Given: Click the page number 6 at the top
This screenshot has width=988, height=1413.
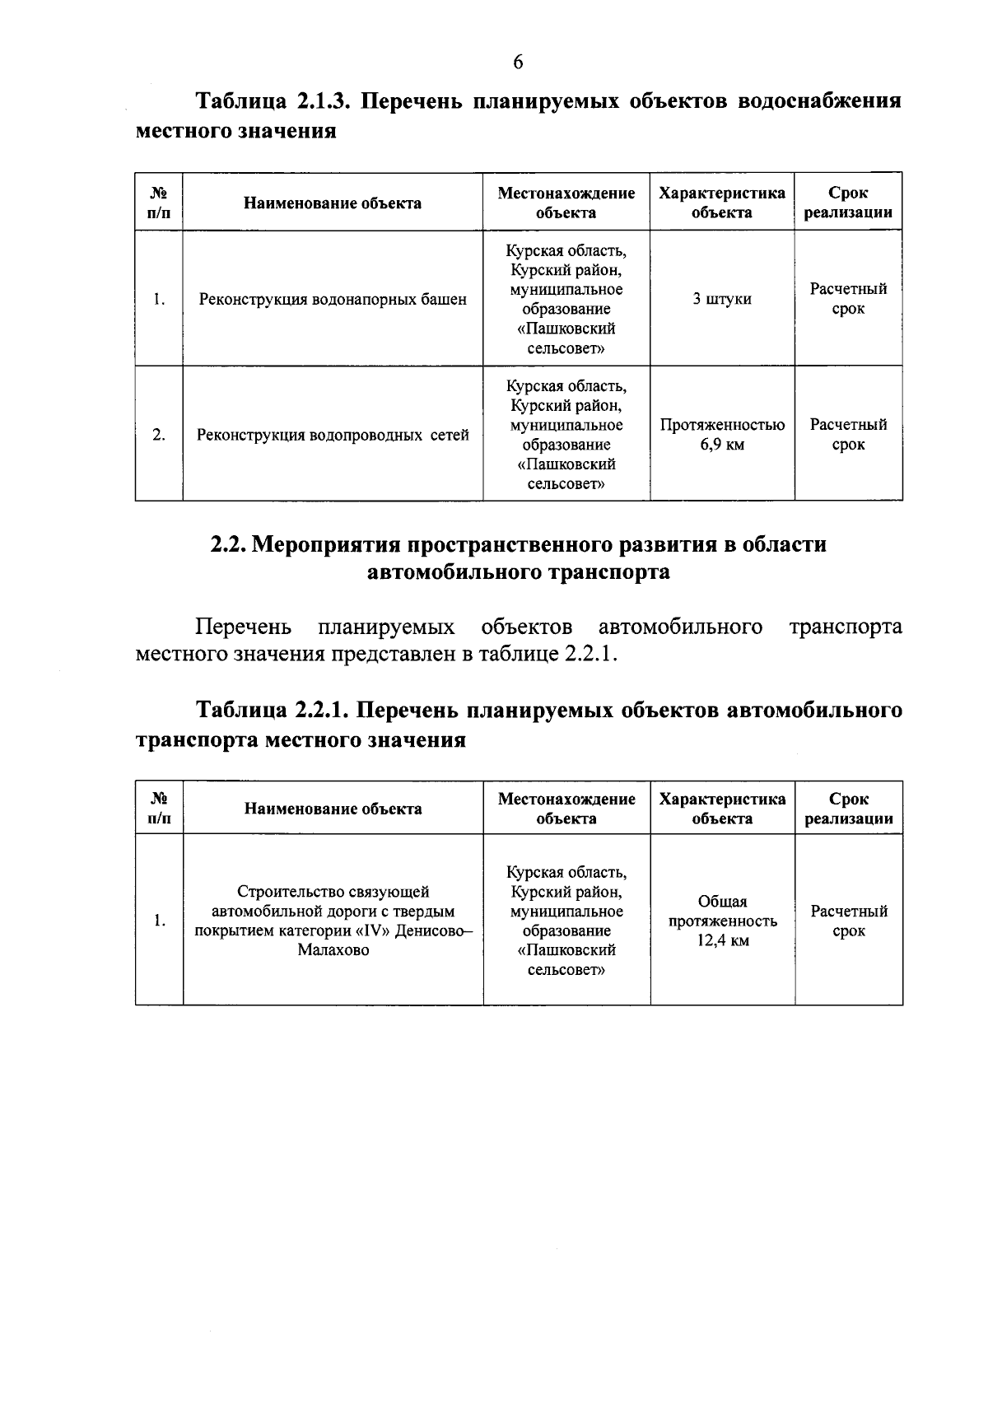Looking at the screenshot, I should (x=518, y=63).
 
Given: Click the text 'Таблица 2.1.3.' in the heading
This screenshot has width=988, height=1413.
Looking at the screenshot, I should (x=273, y=101).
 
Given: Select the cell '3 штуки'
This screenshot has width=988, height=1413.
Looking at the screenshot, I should (x=721, y=299).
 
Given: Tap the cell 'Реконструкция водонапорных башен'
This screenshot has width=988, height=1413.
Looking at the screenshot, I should (x=333, y=300).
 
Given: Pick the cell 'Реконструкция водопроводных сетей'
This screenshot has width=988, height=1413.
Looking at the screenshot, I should (x=333, y=435).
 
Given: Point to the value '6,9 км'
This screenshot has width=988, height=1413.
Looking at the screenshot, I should (x=721, y=445).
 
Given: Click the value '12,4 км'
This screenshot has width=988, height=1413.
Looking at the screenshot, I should (x=722, y=940).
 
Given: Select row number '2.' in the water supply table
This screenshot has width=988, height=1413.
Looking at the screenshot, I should (x=159, y=435).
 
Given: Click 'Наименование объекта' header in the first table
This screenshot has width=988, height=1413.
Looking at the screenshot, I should (x=333, y=203).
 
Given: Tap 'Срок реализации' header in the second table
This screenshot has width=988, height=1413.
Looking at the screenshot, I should (x=848, y=809).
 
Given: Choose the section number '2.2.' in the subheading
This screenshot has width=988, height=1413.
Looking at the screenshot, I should (x=226, y=545).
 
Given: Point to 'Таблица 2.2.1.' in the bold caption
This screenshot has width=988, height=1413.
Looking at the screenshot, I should (x=273, y=710).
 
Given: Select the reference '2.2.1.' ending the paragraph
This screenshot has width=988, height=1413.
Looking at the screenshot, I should (x=590, y=655).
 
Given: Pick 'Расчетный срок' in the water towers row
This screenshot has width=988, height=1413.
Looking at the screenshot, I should (x=848, y=299).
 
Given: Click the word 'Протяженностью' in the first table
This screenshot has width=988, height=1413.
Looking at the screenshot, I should (x=721, y=426).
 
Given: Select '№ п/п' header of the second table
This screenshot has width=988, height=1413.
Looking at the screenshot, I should (x=159, y=809).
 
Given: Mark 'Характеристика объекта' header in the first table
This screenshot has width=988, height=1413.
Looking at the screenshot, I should (x=721, y=203).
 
